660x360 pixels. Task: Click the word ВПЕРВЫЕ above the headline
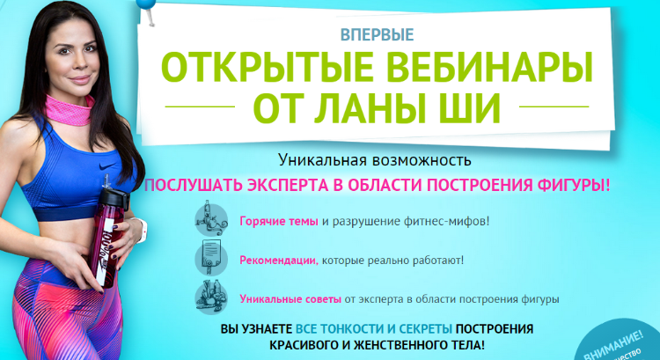pos(376,35)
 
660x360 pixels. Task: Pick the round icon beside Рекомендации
pos(209,259)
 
